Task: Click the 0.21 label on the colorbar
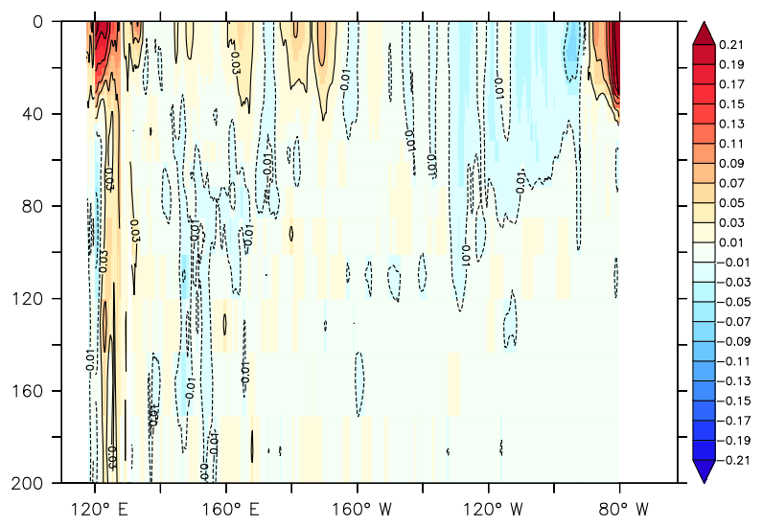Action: [x=733, y=44]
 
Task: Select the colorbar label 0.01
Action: [x=733, y=241]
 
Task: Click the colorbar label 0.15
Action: [x=733, y=103]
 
